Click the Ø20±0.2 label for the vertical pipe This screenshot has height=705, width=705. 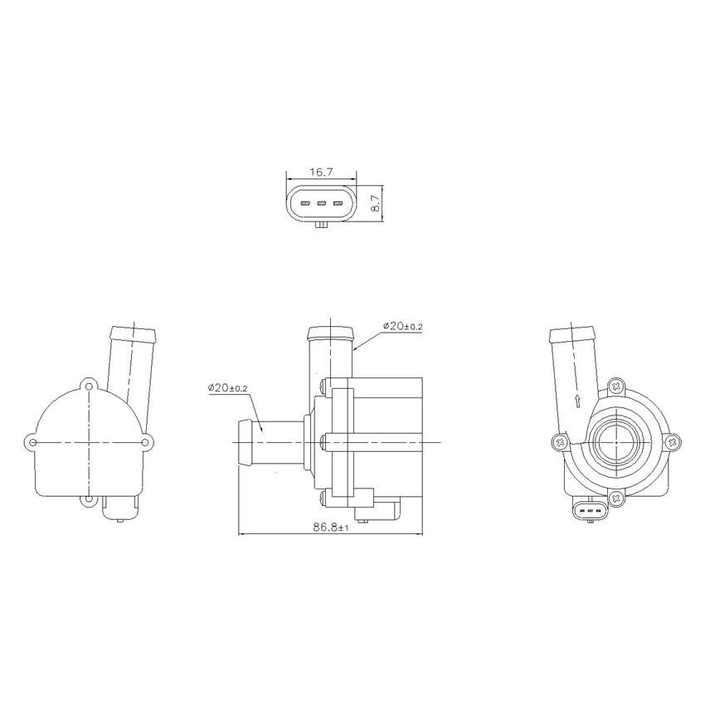402,326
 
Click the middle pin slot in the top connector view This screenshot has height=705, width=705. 321,203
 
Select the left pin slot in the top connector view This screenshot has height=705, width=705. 304,203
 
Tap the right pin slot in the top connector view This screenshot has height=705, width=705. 338,203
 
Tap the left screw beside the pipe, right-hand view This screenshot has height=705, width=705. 562,443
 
